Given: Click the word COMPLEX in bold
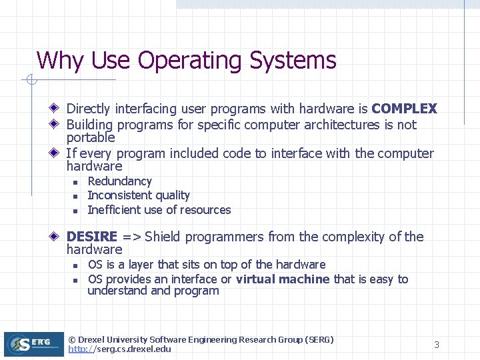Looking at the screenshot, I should click(404, 109).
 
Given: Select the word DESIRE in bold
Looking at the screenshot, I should click(92, 237).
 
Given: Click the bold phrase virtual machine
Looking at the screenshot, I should click(283, 279).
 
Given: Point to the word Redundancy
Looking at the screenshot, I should click(119, 181).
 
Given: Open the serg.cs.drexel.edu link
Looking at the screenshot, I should click(120, 349).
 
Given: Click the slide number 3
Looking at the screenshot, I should click(437, 345).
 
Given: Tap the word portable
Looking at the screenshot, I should click(91, 137).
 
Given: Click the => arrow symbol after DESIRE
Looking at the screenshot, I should click(131, 237).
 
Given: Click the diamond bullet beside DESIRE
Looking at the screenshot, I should click(57, 236).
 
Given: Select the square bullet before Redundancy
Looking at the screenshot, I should click(75, 182).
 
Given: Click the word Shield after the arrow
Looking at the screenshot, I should click(162, 237).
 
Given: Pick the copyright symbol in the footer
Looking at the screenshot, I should click(72, 339).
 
